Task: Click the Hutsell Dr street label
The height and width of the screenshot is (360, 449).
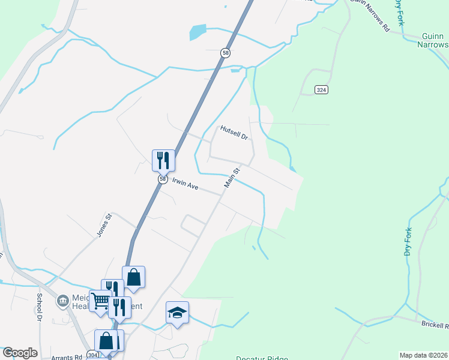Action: [234, 133]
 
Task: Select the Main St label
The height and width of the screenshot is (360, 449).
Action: [232, 178]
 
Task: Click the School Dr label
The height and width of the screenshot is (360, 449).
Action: [40, 305]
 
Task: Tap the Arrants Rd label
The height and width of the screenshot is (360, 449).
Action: [67, 357]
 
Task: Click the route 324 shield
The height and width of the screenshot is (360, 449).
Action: [321, 90]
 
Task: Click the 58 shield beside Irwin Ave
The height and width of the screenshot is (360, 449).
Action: [163, 179]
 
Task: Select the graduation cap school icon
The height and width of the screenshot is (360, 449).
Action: [177, 313]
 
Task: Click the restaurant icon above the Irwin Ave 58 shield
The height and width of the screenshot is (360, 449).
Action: [163, 160]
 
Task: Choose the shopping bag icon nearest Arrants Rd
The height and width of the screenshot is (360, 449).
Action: [106, 341]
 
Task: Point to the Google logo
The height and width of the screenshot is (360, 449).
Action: [20, 353]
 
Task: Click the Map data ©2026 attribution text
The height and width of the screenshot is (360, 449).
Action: [424, 355]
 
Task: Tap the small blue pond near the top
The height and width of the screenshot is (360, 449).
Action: [197, 32]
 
